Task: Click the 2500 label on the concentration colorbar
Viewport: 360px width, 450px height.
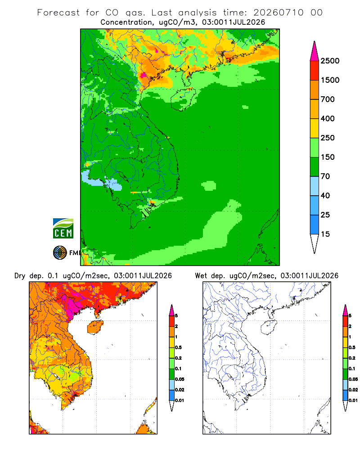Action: (330, 61)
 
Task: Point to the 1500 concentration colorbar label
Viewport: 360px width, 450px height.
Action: (330, 80)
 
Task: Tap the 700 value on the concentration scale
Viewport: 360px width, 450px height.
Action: (328, 99)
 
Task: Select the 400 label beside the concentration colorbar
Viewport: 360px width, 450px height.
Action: (328, 118)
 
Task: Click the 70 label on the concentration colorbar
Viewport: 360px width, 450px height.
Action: (325, 176)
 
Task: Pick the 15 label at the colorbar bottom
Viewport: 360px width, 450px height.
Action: (325, 234)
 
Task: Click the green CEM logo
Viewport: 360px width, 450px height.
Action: (63, 229)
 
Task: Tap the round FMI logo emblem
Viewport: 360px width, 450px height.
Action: (60, 253)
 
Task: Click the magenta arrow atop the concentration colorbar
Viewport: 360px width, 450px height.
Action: (315, 51)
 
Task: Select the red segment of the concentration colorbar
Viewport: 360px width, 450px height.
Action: (315, 71)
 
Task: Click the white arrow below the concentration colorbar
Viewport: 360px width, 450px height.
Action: (315, 244)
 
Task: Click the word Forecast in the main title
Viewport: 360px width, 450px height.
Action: (58, 13)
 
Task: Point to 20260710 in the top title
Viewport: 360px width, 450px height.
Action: (278, 13)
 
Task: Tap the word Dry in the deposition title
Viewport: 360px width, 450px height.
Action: (20, 276)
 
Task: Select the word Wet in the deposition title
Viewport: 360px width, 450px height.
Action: (201, 276)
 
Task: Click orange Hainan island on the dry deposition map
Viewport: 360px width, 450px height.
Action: (95, 327)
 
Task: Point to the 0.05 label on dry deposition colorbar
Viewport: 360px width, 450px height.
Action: (180, 379)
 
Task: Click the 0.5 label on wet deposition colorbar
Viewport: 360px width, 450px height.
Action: (352, 347)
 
